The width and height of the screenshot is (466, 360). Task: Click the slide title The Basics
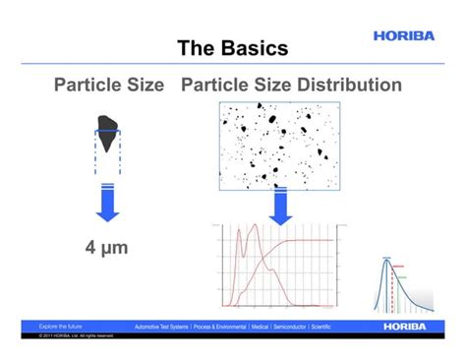click(232, 48)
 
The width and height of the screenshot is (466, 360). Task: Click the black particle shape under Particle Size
click(109, 126)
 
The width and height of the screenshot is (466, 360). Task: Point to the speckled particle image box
click(279, 146)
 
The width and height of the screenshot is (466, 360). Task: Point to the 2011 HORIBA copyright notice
click(76, 335)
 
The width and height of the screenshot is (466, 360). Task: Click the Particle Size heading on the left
click(108, 85)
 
